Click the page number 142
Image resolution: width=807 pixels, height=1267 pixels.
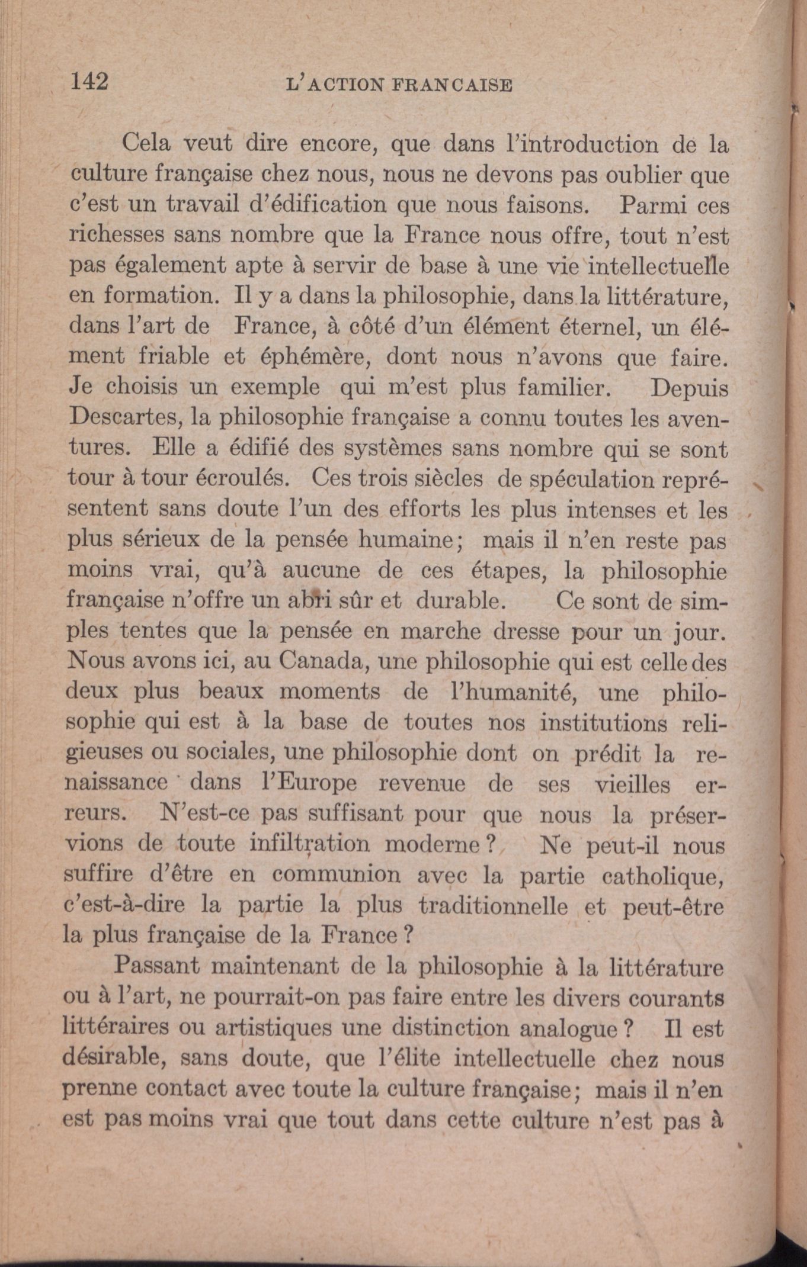tap(90, 81)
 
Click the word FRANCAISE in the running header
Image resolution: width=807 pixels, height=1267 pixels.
tap(451, 85)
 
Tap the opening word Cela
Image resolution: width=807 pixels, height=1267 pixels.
tap(146, 144)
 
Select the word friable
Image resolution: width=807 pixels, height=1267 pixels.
tap(175, 357)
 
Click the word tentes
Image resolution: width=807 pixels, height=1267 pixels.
tap(153, 631)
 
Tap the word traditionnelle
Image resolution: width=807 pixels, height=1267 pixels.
tap(493, 905)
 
